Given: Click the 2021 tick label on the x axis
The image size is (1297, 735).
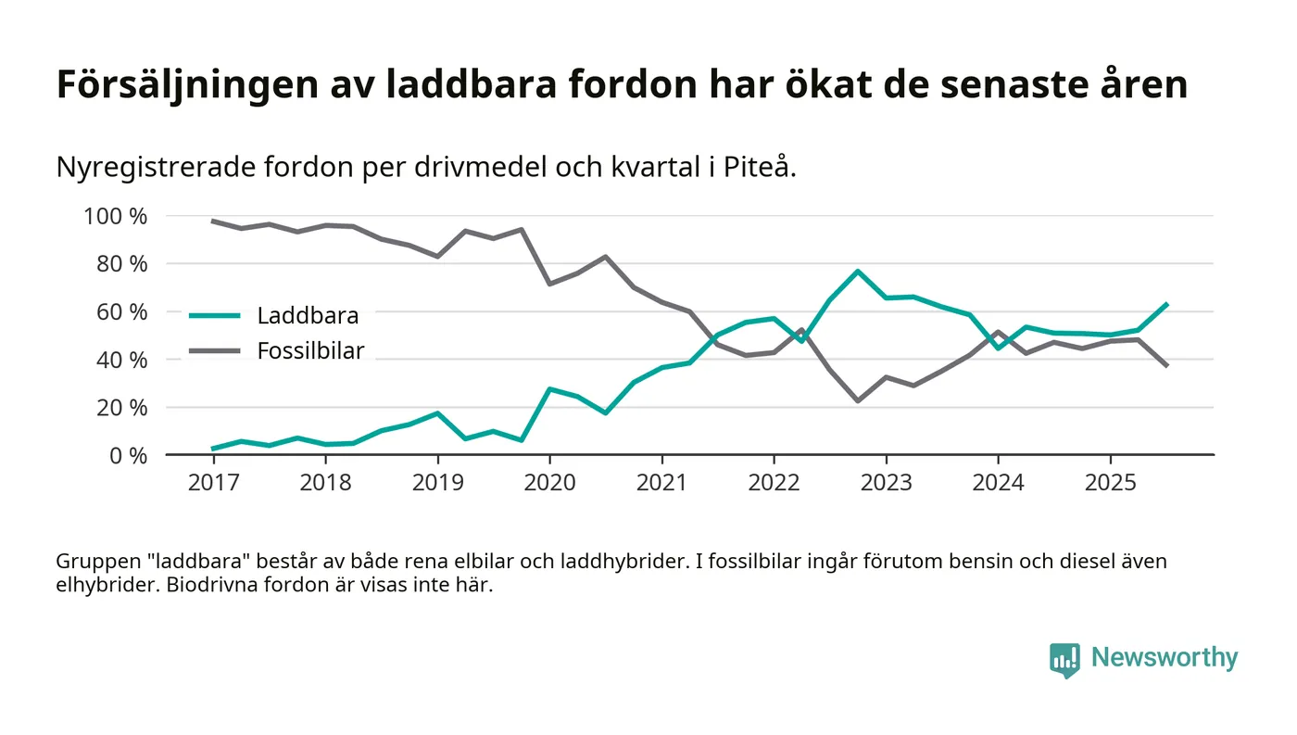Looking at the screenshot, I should point(661,484).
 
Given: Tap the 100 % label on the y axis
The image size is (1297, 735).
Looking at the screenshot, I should point(116,217).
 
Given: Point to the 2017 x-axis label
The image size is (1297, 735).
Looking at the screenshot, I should point(213,484).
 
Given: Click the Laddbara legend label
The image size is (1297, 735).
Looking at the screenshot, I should point(308,315).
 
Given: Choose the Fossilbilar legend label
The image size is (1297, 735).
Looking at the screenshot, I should point(310,350).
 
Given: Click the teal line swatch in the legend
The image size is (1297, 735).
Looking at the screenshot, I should point(215,315).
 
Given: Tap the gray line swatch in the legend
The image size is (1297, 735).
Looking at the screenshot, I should point(215,350).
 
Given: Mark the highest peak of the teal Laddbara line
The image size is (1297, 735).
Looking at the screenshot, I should point(858,271).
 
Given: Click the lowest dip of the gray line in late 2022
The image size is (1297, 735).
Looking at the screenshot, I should point(858,401).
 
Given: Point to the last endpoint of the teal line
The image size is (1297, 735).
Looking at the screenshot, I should point(1167,303).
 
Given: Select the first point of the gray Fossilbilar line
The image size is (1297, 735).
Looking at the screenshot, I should point(213,221).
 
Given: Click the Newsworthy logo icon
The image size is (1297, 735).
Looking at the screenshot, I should point(1064,659).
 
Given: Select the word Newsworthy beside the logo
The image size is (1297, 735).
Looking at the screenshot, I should point(1164,658).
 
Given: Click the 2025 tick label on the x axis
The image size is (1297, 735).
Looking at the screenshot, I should point(1110,484).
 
